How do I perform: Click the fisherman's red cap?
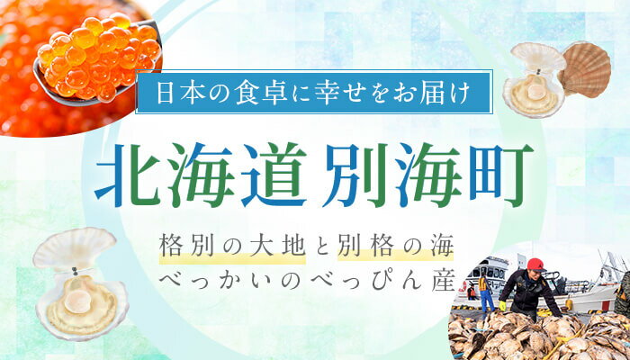[535, 264]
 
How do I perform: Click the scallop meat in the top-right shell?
[532, 90]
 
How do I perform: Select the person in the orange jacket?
[483, 290]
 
